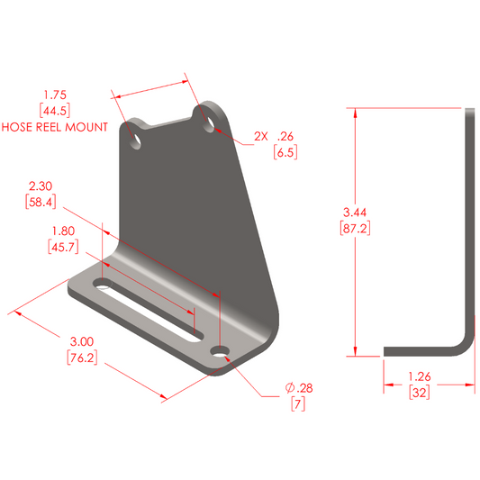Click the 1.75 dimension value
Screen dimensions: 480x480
(55, 94)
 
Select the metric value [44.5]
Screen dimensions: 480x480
(55, 110)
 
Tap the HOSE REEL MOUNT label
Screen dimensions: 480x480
(55, 126)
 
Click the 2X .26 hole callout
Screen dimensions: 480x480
(274, 137)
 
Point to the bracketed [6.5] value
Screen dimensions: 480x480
(285, 152)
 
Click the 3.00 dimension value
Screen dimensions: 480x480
(82, 342)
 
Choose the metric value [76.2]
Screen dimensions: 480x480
(82, 358)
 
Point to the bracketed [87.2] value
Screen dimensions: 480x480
(356, 228)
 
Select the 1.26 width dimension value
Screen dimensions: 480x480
(421, 376)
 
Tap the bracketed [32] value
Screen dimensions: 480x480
(421, 393)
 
